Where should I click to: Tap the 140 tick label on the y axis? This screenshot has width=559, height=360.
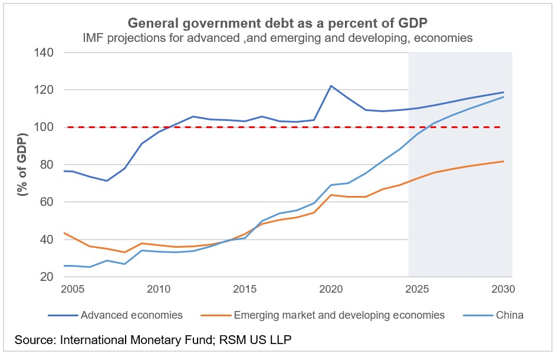[x=47, y=53]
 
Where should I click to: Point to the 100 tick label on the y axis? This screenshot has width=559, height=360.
[x=47, y=127]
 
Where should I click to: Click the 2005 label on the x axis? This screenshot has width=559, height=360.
[x=73, y=290]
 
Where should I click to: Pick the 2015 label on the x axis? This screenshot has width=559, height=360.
[x=245, y=290]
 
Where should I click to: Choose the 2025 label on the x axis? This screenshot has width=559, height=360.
[x=417, y=290]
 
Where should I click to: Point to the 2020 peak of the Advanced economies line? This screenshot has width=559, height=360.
[x=331, y=86]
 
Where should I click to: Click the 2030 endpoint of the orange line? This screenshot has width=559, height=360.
[x=503, y=161]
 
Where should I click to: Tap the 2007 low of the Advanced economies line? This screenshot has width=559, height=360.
[x=107, y=181]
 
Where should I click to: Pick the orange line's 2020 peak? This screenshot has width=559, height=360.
[x=331, y=195]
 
